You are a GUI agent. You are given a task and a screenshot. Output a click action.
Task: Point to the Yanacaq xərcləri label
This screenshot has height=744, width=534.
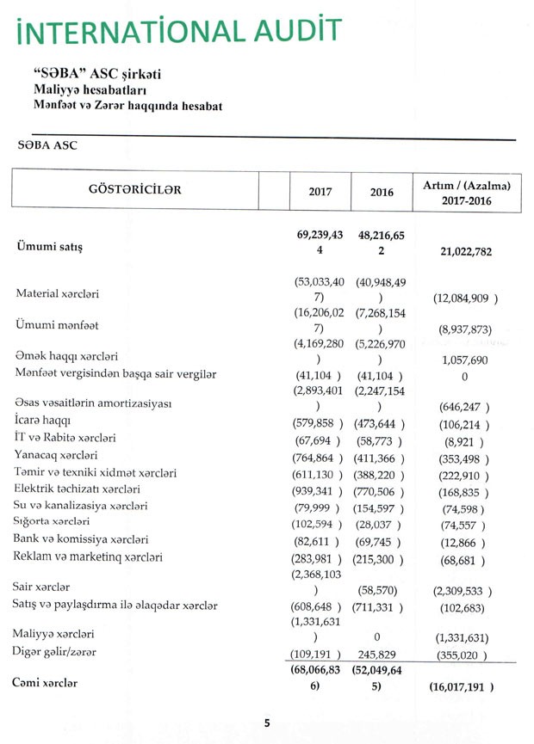(57, 454)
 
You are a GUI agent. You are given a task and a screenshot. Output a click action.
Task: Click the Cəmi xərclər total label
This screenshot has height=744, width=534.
(52, 684)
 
